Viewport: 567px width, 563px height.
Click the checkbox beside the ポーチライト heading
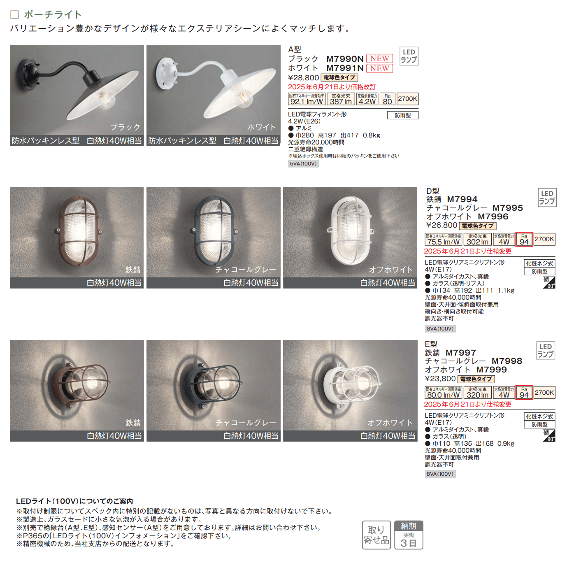[14, 15]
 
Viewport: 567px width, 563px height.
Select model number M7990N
[345, 59]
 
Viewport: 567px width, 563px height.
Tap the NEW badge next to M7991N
[379, 68]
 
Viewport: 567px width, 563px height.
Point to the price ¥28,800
[303, 78]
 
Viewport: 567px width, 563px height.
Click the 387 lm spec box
[341, 99]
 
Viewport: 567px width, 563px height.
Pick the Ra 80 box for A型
[387, 99]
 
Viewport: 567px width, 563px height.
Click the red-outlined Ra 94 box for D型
[524, 240]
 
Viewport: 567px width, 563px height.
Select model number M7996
[493, 216]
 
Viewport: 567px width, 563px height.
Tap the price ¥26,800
[442, 226]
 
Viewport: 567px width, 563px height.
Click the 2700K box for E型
[544, 393]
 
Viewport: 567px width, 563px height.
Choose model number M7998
[507, 361]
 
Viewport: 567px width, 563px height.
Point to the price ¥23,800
[440, 379]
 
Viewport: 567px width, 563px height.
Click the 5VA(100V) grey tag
[303, 164]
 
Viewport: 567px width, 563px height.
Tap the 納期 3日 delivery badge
[409, 535]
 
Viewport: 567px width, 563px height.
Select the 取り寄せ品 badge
[376, 535]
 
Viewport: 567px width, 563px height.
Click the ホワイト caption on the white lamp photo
[261, 127]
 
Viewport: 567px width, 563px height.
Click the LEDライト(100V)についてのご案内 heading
[74, 501]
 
